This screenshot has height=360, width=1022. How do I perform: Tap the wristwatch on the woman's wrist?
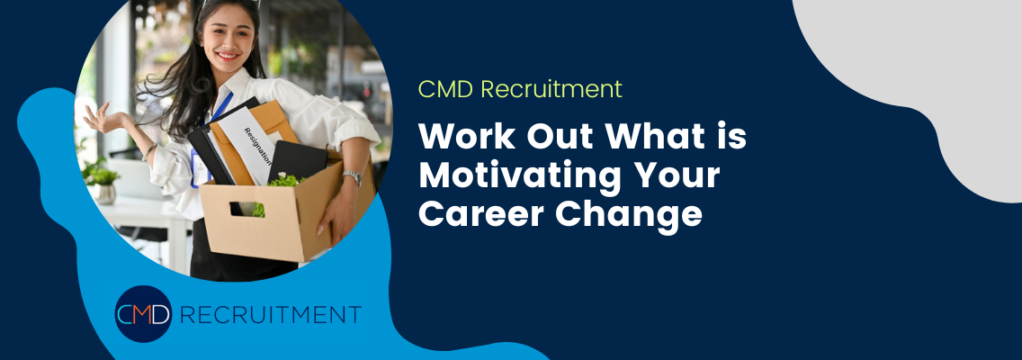[x=353, y=177]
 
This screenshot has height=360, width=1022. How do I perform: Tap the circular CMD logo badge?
[x=143, y=314]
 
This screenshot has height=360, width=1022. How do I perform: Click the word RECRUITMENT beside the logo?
[x=269, y=315]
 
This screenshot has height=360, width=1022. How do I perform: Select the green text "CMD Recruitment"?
[x=520, y=89]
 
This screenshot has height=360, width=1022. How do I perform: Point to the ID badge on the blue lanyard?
[x=200, y=166]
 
